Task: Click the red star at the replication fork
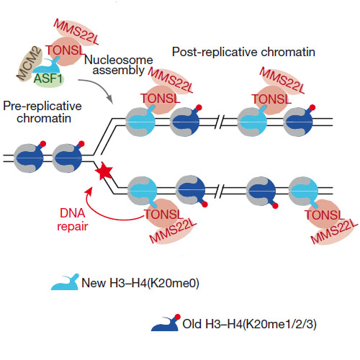pos(104,171)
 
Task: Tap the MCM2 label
pos(29,63)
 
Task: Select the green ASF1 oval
pos(48,79)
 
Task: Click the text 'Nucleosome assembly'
pos(119,65)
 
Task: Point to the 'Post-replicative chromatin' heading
pos(243,52)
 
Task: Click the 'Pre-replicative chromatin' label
pos(42,112)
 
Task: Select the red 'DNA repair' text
pos(72,220)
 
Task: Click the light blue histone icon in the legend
pos(65,282)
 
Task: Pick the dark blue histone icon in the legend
pos(166,323)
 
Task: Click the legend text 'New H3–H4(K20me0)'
pos(140,283)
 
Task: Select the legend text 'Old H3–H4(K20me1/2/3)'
pos(250,324)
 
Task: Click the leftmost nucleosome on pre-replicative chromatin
pos(29,158)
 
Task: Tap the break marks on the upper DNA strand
pos(222,122)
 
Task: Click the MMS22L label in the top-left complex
pos(76,32)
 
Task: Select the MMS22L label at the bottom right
pos(334,232)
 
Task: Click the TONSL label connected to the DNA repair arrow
pos(163,215)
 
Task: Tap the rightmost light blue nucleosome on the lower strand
pos(303,192)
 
